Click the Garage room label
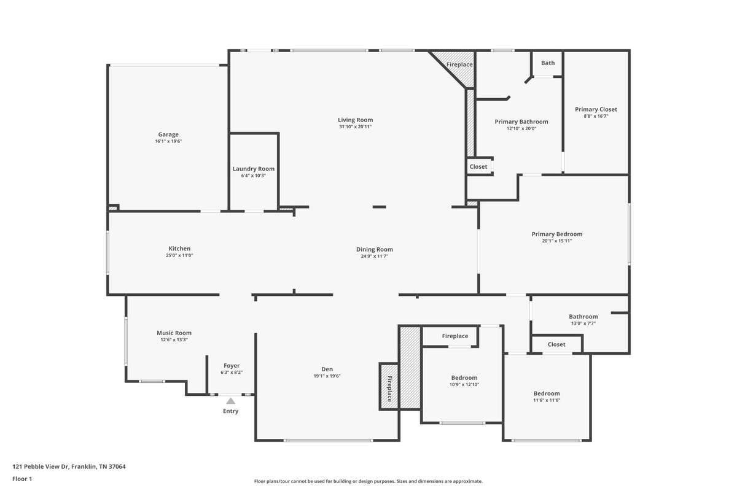click(168, 134)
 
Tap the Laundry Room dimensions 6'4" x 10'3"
click(253, 176)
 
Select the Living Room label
click(356, 120)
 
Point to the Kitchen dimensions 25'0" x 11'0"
click(179, 255)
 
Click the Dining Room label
click(375, 250)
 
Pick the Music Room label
click(174, 333)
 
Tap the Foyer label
click(232, 366)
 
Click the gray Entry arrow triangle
click(231, 401)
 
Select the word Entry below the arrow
click(231, 411)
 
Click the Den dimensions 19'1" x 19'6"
click(327, 376)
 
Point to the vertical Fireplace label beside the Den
click(389, 389)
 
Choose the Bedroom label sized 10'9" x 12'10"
click(464, 378)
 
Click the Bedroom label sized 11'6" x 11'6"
click(547, 393)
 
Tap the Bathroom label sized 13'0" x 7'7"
click(583, 317)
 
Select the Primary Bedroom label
click(557, 234)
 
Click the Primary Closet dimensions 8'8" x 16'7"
click(596, 117)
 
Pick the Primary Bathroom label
click(521, 122)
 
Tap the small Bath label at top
click(548, 63)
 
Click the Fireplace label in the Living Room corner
click(459, 65)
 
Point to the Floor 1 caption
click(22, 479)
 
